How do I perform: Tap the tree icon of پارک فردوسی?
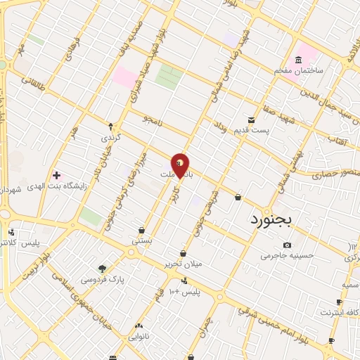103,268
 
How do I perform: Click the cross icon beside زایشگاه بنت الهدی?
56,174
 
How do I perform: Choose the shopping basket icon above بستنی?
141,230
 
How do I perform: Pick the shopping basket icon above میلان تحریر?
183,253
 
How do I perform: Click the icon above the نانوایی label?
139,326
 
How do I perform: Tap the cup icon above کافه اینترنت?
339,301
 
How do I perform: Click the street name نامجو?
150,120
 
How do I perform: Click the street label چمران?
205,328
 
